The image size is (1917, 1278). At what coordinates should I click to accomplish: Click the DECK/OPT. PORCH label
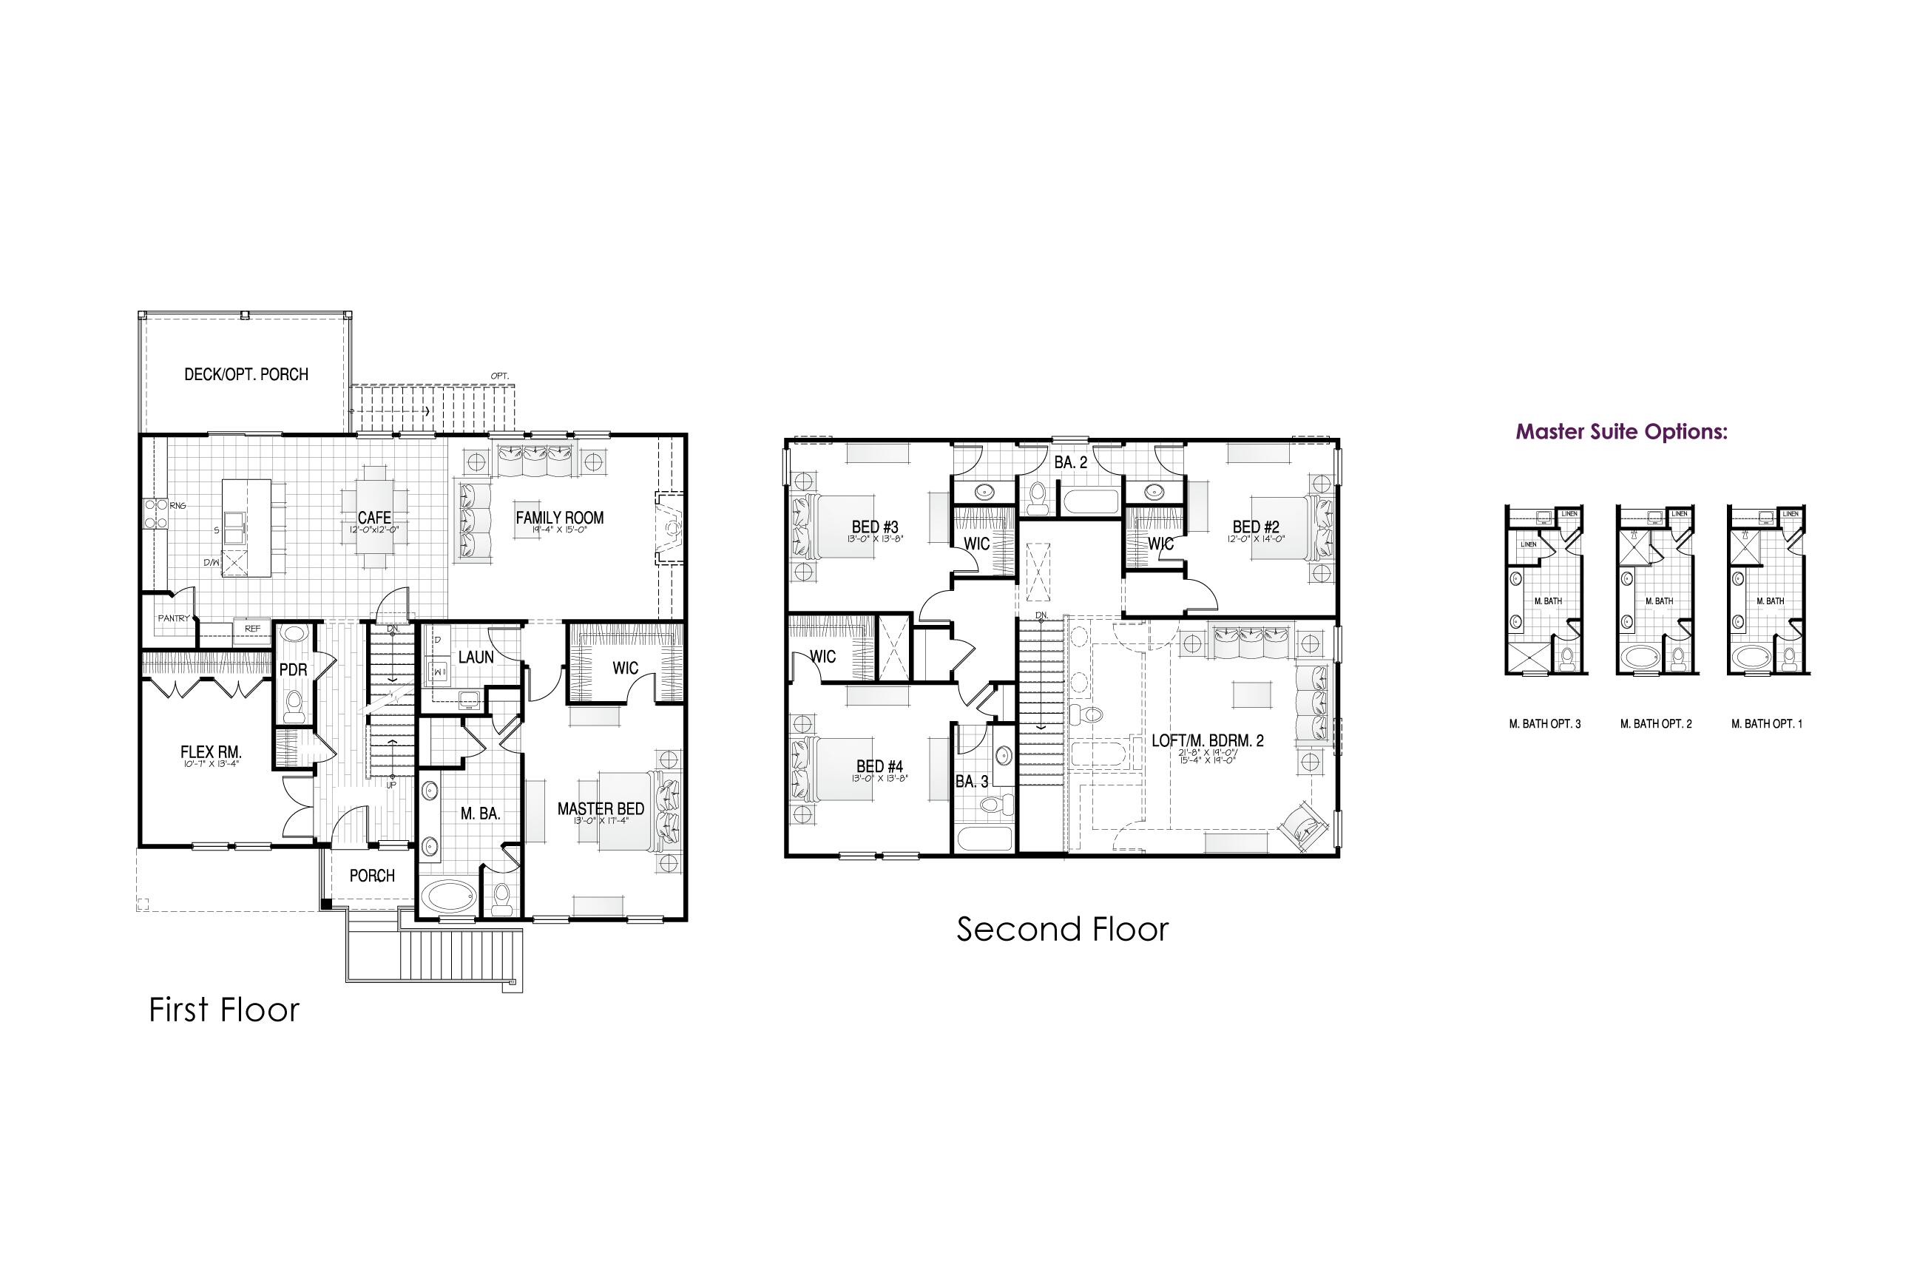(246, 375)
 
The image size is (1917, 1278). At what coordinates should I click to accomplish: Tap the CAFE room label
(374, 518)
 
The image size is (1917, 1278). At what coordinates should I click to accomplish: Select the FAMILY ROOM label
(559, 518)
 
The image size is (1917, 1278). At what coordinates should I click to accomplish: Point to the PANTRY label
(173, 618)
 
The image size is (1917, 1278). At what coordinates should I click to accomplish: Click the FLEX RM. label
(210, 752)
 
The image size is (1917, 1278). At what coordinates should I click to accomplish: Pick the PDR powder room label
(293, 670)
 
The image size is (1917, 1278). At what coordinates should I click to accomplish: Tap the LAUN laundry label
(476, 657)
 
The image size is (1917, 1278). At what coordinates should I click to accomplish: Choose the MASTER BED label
(601, 808)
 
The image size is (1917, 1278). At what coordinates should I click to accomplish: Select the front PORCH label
(372, 876)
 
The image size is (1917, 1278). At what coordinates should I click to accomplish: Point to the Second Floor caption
(1062, 929)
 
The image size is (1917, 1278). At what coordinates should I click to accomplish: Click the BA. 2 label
(1070, 463)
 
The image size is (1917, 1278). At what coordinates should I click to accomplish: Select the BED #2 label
(1255, 527)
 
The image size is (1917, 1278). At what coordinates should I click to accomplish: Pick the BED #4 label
(879, 766)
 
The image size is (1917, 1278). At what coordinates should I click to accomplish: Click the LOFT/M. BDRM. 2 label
(1207, 741)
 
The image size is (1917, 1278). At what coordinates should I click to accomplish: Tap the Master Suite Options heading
(1621, 432)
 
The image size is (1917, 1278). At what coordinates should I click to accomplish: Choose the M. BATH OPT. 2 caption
(1655, 724)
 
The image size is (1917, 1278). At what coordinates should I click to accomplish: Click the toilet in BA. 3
(993, 805)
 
